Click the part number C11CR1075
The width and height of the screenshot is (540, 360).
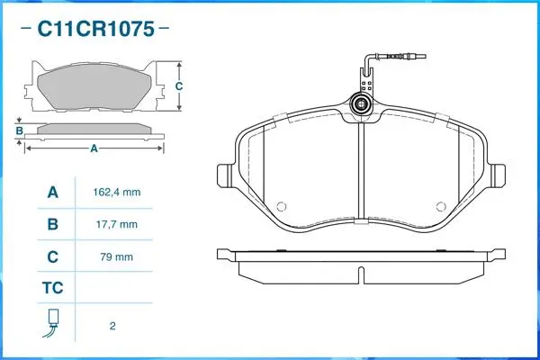[x=95, y=29]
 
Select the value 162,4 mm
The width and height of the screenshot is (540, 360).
[x=117, y=192]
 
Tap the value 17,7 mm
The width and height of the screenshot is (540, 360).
[x=117, y=225]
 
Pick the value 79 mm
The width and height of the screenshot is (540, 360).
[x=117, y=256]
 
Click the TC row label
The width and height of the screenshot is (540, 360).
[x=53, y=288]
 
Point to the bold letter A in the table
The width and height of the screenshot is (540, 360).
[x=53, y=193]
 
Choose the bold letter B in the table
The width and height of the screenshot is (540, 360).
[x=53, y=224]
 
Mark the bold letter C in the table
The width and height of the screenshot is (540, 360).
[x=53, y=256]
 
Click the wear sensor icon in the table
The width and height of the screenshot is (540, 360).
[x=52, y=323]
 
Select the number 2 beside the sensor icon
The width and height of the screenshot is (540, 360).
[x=112, y=326]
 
